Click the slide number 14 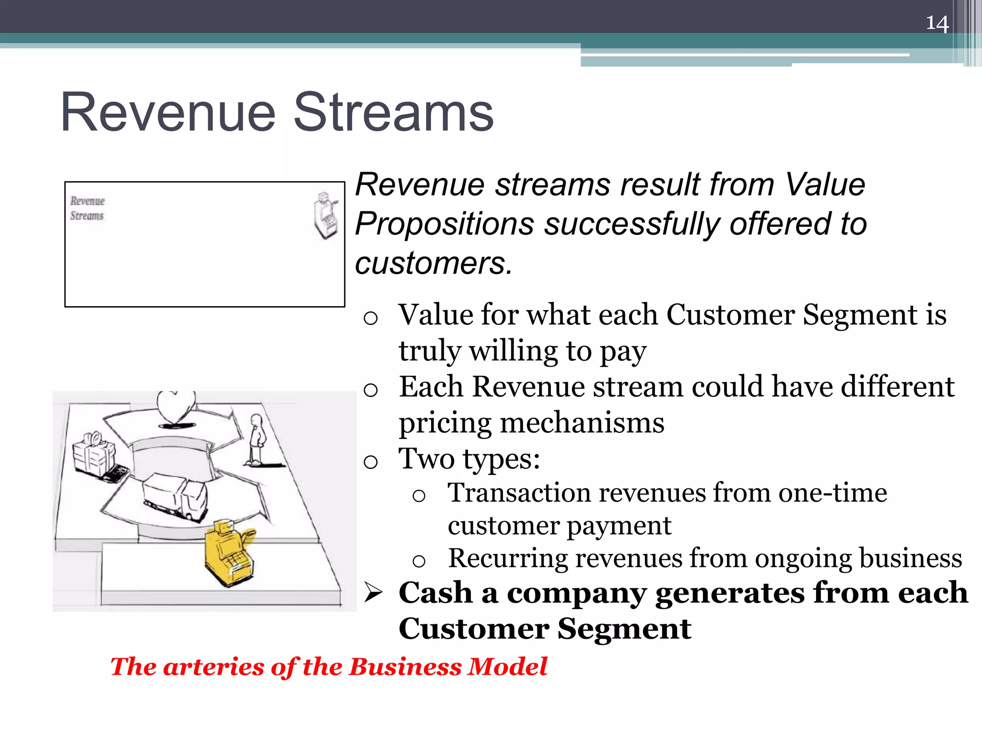coord(937,23)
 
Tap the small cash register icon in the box coord(326,216)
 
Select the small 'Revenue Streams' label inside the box coord(87,208)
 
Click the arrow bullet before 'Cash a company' coord(373,592)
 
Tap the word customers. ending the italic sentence coord(433,264)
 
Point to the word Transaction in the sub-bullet coord(519,493)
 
